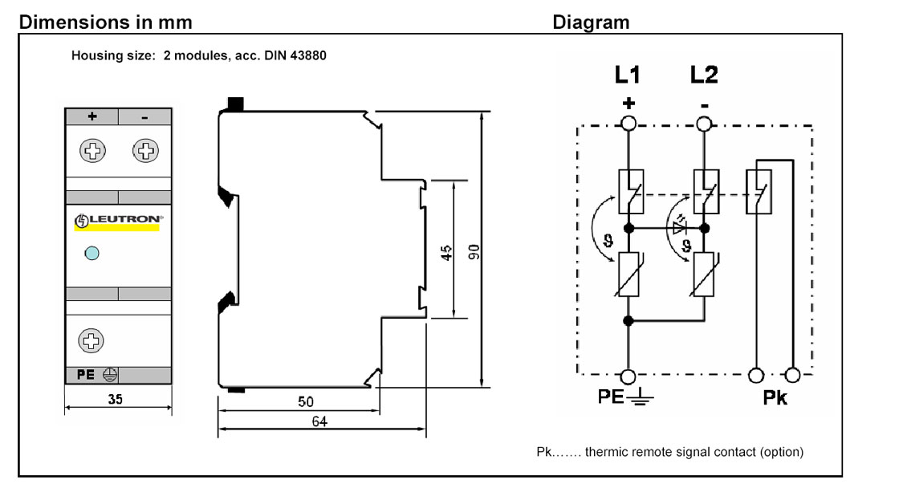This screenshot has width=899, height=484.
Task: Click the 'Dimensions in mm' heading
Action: [x=105, y=22]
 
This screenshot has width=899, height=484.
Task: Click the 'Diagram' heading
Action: [x=591, y=22]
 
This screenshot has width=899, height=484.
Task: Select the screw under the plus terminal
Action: [x=92, y=151]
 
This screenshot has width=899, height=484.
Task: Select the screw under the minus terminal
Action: [x=145, y=151]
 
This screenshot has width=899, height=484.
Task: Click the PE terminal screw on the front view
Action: [x=91, y=340]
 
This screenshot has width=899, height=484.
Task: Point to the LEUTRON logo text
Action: [x=125, y=219]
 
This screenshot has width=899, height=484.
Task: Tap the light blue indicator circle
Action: [x=92, y=253]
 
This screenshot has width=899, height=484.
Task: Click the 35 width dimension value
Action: [x=116, y=399]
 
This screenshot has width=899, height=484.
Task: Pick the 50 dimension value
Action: [x=306, y=401]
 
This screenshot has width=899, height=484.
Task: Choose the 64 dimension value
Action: [x=319, y=421]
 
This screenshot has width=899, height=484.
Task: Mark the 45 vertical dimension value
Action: [x=446, y=253]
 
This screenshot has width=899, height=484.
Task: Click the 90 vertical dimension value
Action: [x=474, y=252]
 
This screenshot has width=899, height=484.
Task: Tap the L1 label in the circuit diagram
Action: [x=627, y=75]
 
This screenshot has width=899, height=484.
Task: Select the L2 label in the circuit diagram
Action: [x=704, y=75]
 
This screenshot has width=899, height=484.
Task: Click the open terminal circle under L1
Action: [x=628, y=124]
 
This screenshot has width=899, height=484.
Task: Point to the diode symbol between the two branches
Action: [x=680, y=228]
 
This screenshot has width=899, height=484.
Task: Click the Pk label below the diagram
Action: [x=775, y=397]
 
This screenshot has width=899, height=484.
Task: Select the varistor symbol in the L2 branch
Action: [x=704, y=275]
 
